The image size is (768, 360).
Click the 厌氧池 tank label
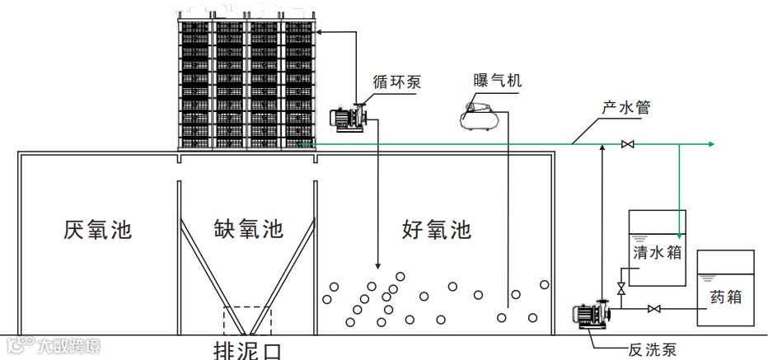[x=97, y=229]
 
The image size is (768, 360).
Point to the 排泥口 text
[x=247, y=350]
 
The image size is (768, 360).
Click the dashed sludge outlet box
[x=247, y=320]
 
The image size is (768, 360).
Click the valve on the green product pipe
[x=628, y=145]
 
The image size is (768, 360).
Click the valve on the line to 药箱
[x=654, y=309]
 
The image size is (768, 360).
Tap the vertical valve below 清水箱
[x=620, y=289]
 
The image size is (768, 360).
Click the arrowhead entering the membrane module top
[x=320, y=32]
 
